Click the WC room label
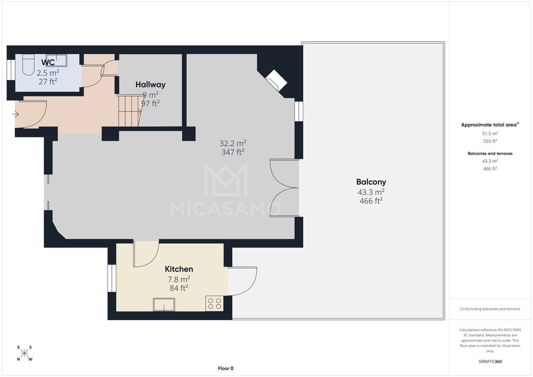[x=48, y=62]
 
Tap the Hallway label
[x=151, y=84]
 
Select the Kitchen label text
[x=179, y=269]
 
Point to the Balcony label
[x=371, y=182]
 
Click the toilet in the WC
[x=28, y=65]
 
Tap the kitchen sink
[x=164, y=304]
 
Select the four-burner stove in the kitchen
[x=214, y=303]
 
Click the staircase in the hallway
[x=130, y=111]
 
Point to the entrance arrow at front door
[x=15, y=114]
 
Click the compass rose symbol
[x=25, y=353]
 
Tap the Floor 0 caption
[x=226, y=368]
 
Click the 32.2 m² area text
[x=233, y=143]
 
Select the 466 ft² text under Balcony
[x=371, y=201]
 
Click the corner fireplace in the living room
[x=276, y=81]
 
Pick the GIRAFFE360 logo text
[x=490, y=361]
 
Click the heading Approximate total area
[x=490, y=125]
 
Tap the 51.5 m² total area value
[x=490, y=134]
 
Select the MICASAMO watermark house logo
[x=226, y=180]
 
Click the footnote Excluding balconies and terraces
[x=490, y=309]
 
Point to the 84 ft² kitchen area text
[x=179, y=288]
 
